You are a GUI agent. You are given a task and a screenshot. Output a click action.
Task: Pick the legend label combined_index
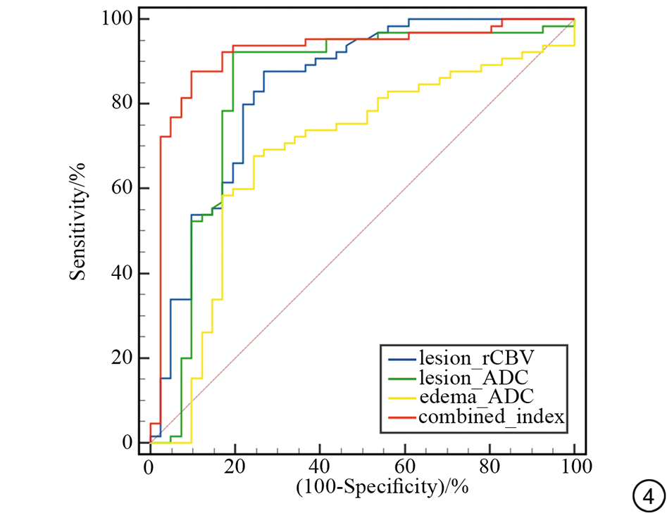pos(492,417)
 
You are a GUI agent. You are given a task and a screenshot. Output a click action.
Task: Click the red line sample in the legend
pos(400,417)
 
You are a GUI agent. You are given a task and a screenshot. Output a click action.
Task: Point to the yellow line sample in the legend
pos(400,397)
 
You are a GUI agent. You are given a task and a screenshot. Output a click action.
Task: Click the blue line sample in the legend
pos(400,357)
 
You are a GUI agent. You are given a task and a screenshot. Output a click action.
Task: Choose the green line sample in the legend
pos(400,377)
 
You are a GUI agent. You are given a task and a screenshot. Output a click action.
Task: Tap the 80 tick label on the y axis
pos(122,103)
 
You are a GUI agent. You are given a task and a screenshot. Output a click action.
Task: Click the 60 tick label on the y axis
pos(122,189)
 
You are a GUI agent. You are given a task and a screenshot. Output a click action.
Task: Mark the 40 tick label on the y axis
pos(122,273)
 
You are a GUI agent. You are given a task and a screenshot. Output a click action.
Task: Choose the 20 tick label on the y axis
pos(122,358)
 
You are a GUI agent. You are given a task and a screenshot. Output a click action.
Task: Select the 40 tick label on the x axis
pos(320,466)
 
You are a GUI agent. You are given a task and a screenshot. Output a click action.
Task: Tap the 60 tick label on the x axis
pos(405,466)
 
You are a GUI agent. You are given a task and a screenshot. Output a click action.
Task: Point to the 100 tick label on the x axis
pos(574,466)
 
